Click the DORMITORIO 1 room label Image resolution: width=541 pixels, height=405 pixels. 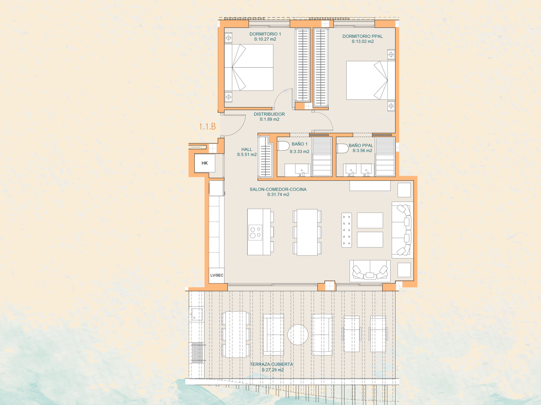(x=265, y=34)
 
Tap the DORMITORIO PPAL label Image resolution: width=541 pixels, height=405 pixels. (x=362, y=36)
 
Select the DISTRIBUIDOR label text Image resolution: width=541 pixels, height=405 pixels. (x=269, y=114)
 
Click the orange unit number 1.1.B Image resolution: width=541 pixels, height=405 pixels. (x=207, y=127)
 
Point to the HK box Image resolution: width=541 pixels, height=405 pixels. (x=205, y=163)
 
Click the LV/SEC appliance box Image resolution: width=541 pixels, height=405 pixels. (x=217, y=275)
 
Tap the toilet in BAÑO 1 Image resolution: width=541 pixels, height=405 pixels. (x=283, y=146)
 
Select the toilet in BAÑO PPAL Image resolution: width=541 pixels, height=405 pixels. (x=342, y=148)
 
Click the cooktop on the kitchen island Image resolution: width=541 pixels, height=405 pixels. (x=255, y=232)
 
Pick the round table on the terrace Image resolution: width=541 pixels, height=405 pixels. (x=298, y=335)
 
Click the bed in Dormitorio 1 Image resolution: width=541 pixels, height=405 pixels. (x=249, y=68)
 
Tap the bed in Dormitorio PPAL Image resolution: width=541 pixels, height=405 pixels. (x=371, y=80)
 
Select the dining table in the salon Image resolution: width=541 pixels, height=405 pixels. (x=307, y=232)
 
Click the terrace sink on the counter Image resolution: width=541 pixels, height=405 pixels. (x=197, y=314)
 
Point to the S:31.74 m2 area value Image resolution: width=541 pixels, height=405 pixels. (x=278, y=195)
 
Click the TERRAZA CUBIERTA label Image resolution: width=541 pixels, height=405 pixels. (x=272, y=364)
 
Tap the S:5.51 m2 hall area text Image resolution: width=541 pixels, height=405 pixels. (x=247, y=154)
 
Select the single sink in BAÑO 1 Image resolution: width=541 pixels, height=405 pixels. (x=302, y=170)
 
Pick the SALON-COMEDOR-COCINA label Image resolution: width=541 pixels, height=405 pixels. (x=278, y=189)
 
